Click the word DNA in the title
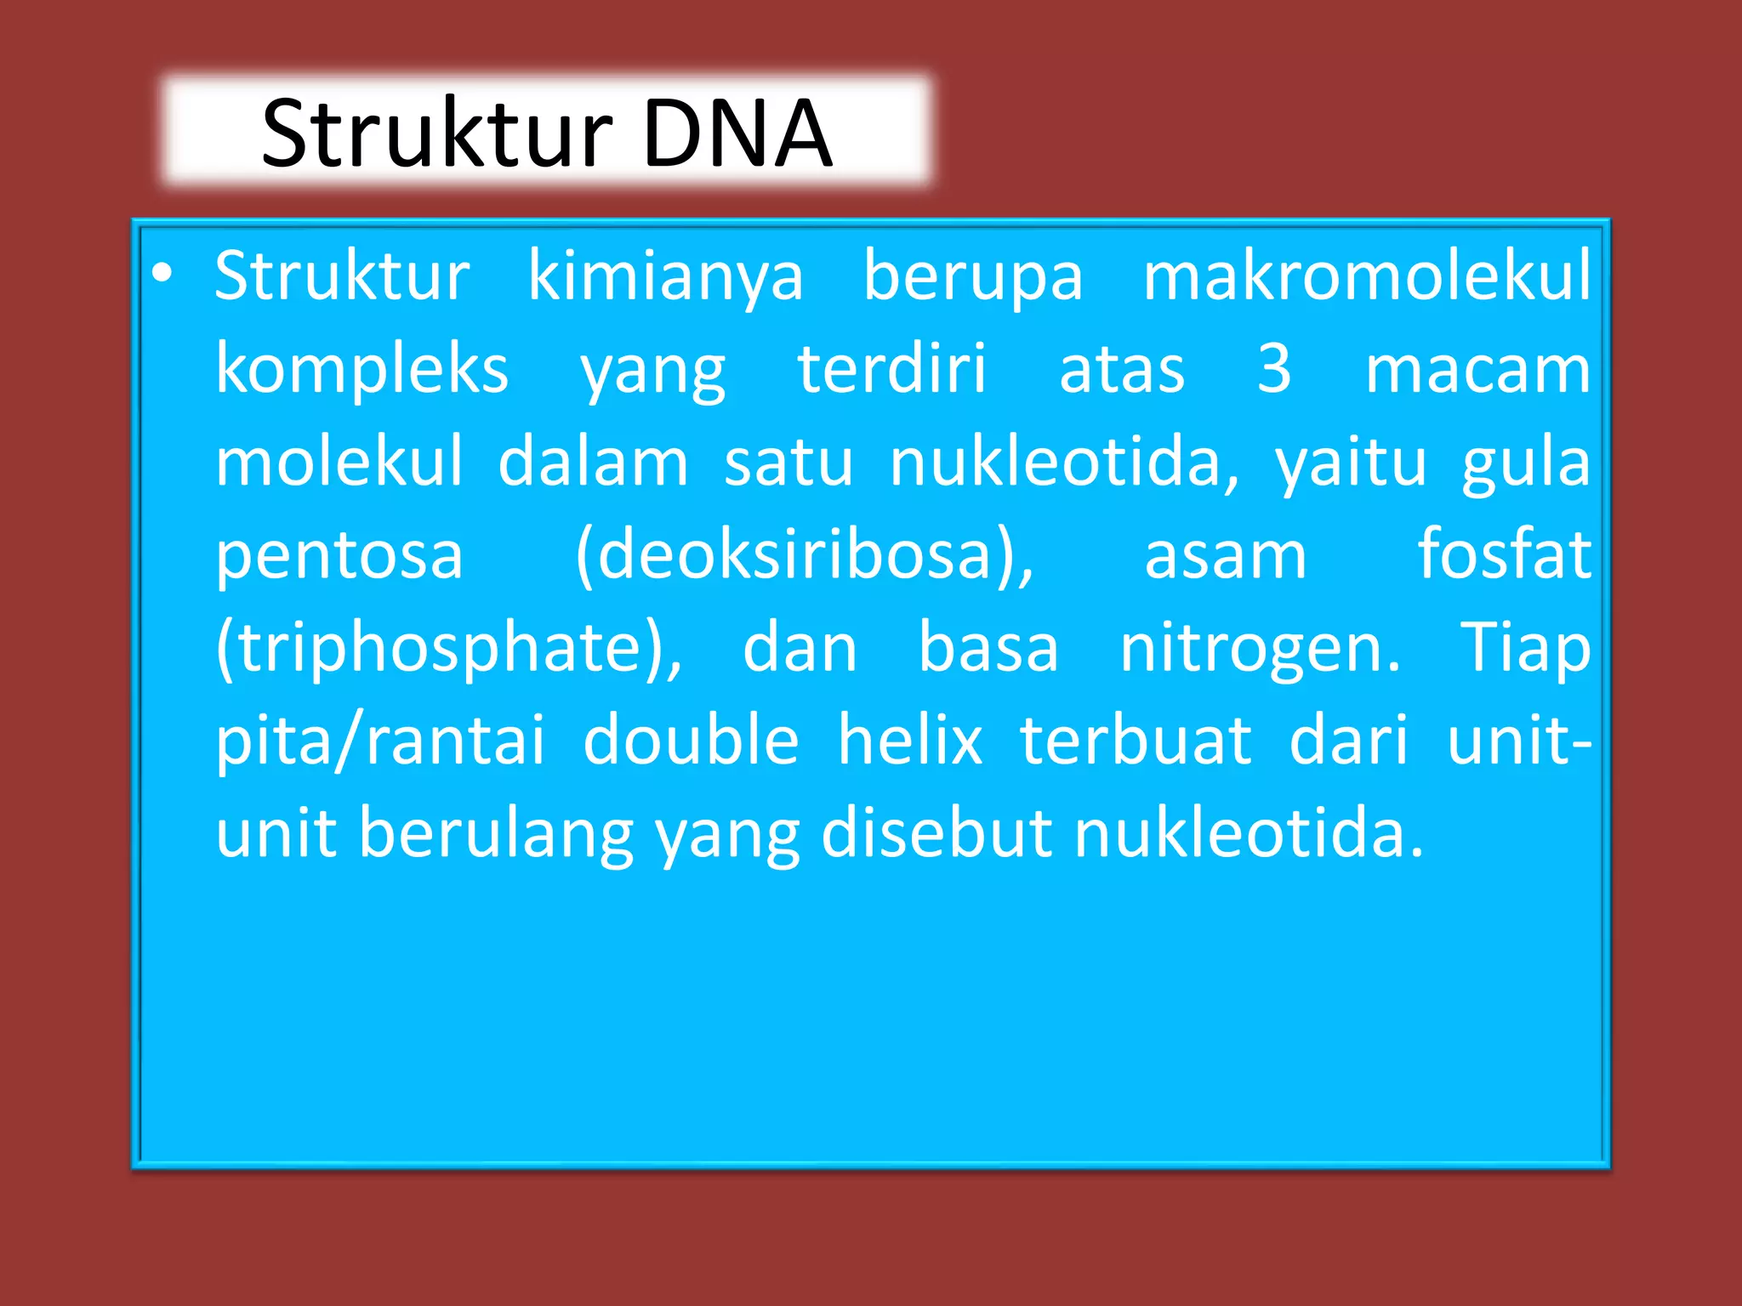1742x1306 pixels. [737, 134]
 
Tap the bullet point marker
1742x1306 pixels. [162, 274]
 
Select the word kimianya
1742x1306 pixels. [665, 277]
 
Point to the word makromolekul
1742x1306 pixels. [1366, 275]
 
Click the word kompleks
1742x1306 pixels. [361, 370]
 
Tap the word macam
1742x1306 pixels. [1477, 370]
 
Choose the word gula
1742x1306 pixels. [1526, 463]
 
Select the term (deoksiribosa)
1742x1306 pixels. [804, 555]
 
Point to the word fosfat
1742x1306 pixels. [1504, 554]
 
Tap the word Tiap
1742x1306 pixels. [1525, 648]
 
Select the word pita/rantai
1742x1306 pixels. [379, 741]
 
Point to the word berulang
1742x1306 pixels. [496, 834]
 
